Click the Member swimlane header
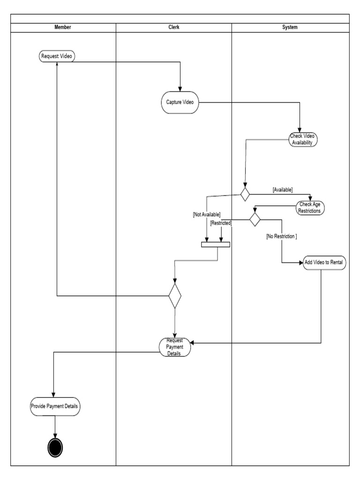coord(63,27)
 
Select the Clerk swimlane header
coord(173,27)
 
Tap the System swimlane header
coord(290,27)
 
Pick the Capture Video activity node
coord(180,102)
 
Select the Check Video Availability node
coord(303,139)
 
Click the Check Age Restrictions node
coord(310,207)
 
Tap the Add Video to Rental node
coord(325,262)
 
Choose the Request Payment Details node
coord(174,347)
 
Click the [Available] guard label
coord(283,189)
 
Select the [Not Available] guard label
coord(206,214)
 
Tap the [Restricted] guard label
coord(221,224)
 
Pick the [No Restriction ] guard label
coord(281,237)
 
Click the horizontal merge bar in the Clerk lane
coord(216,244)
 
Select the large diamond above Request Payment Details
coord(175,296)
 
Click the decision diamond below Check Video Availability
coord(245,194)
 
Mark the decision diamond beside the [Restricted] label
coord(255,219)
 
